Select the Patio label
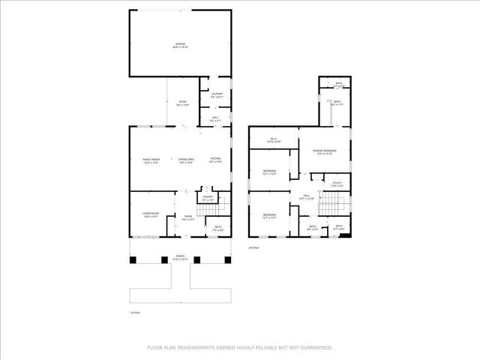182,103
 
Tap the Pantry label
208,199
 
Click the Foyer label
188,218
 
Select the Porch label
180,256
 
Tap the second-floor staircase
331,202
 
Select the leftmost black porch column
133,261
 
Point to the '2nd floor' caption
253,247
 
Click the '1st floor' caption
134,313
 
